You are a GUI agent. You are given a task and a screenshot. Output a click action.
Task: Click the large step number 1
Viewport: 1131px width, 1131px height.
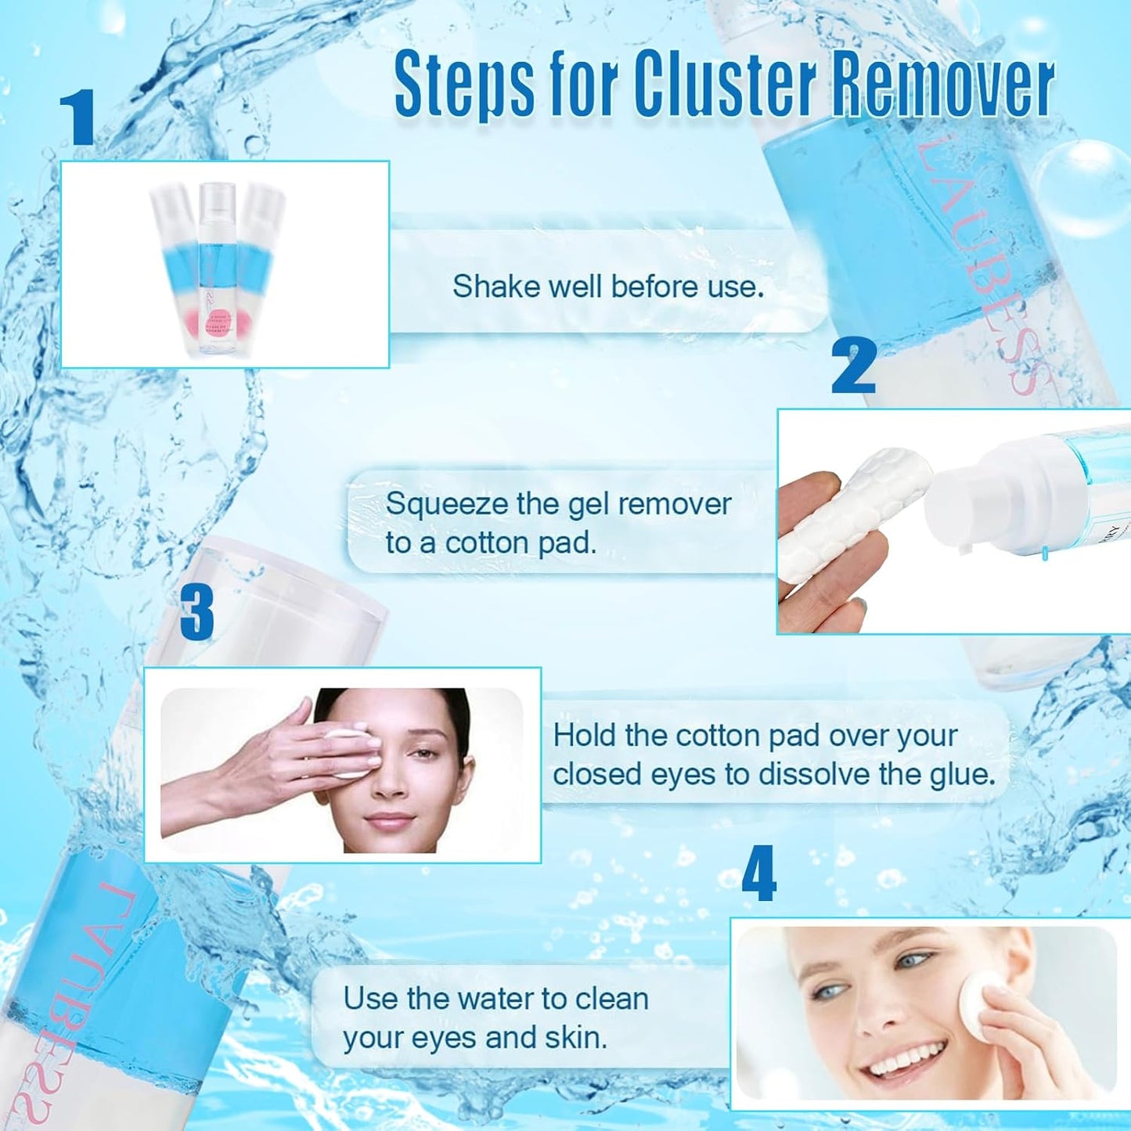pos(78,117)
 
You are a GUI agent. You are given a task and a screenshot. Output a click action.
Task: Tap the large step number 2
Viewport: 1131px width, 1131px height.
pos(853,366)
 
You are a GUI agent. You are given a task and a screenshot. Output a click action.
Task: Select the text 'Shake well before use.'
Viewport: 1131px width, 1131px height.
pos(607,286)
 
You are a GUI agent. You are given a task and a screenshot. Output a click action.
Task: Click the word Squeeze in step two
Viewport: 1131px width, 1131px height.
pos(446,505)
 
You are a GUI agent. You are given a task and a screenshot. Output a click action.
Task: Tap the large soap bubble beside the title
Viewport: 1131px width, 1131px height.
pos(1084,188)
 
